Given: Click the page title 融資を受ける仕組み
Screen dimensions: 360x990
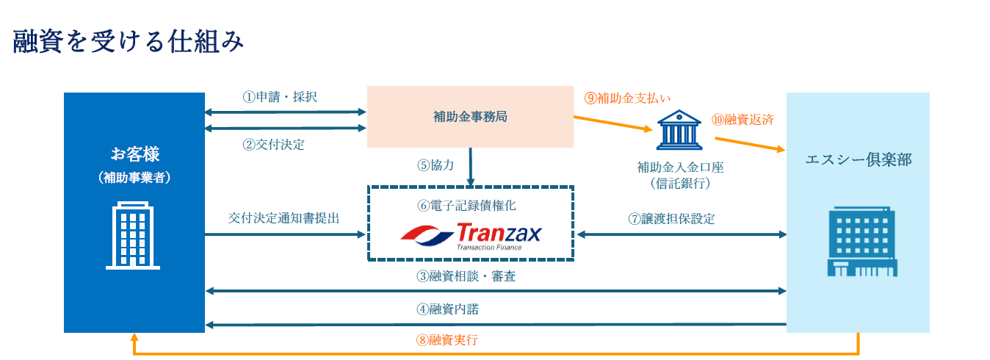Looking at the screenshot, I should coord(129,42).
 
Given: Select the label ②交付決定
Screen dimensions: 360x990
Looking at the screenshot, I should coord(273,144).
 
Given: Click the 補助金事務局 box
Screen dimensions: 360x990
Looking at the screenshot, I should coord(470,116).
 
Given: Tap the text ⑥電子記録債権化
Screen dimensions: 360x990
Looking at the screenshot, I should coord(471,206).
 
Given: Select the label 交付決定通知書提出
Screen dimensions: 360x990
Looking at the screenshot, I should coord(283,218).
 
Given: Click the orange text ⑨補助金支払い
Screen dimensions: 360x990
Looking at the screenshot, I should coord(627,97).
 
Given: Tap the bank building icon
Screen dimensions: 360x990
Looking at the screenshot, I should coord(681,131).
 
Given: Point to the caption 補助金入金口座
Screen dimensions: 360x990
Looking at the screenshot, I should coord(681,168).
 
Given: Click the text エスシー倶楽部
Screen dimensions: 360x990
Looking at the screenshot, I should coord(858,159).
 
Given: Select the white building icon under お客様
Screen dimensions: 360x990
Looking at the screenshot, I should coord(134,235).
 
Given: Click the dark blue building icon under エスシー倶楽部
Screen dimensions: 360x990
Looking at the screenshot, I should coord(858,242).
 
